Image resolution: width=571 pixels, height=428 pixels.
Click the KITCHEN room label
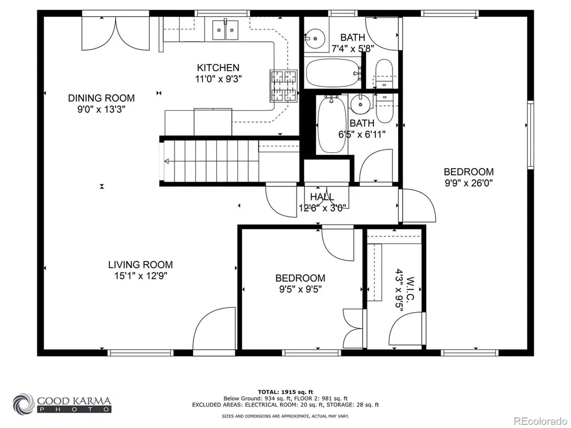[x=218, y=67]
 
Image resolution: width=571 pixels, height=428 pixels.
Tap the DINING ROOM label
[x=101, y=98]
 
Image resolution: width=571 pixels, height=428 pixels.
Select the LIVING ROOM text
[x=141, y=265]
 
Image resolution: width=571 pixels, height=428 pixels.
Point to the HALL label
[x=322, y=197]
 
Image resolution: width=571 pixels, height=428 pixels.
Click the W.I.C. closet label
[x=410, y=289]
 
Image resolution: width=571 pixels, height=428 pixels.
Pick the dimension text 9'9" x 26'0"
[x=468, y=183]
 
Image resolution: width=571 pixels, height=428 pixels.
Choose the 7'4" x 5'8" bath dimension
[x=353, y=48]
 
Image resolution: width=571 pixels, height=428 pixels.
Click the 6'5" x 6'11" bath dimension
[x=362, y=135]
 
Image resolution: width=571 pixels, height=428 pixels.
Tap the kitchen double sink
[x=225, y=30]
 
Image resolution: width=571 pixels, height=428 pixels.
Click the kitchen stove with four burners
[x=283, y=86]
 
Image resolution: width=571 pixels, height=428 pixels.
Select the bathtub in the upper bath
[x=333, y=73]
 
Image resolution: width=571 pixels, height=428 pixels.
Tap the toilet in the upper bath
[x=384, y=74]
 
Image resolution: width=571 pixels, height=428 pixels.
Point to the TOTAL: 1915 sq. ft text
[x=285, y=392]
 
